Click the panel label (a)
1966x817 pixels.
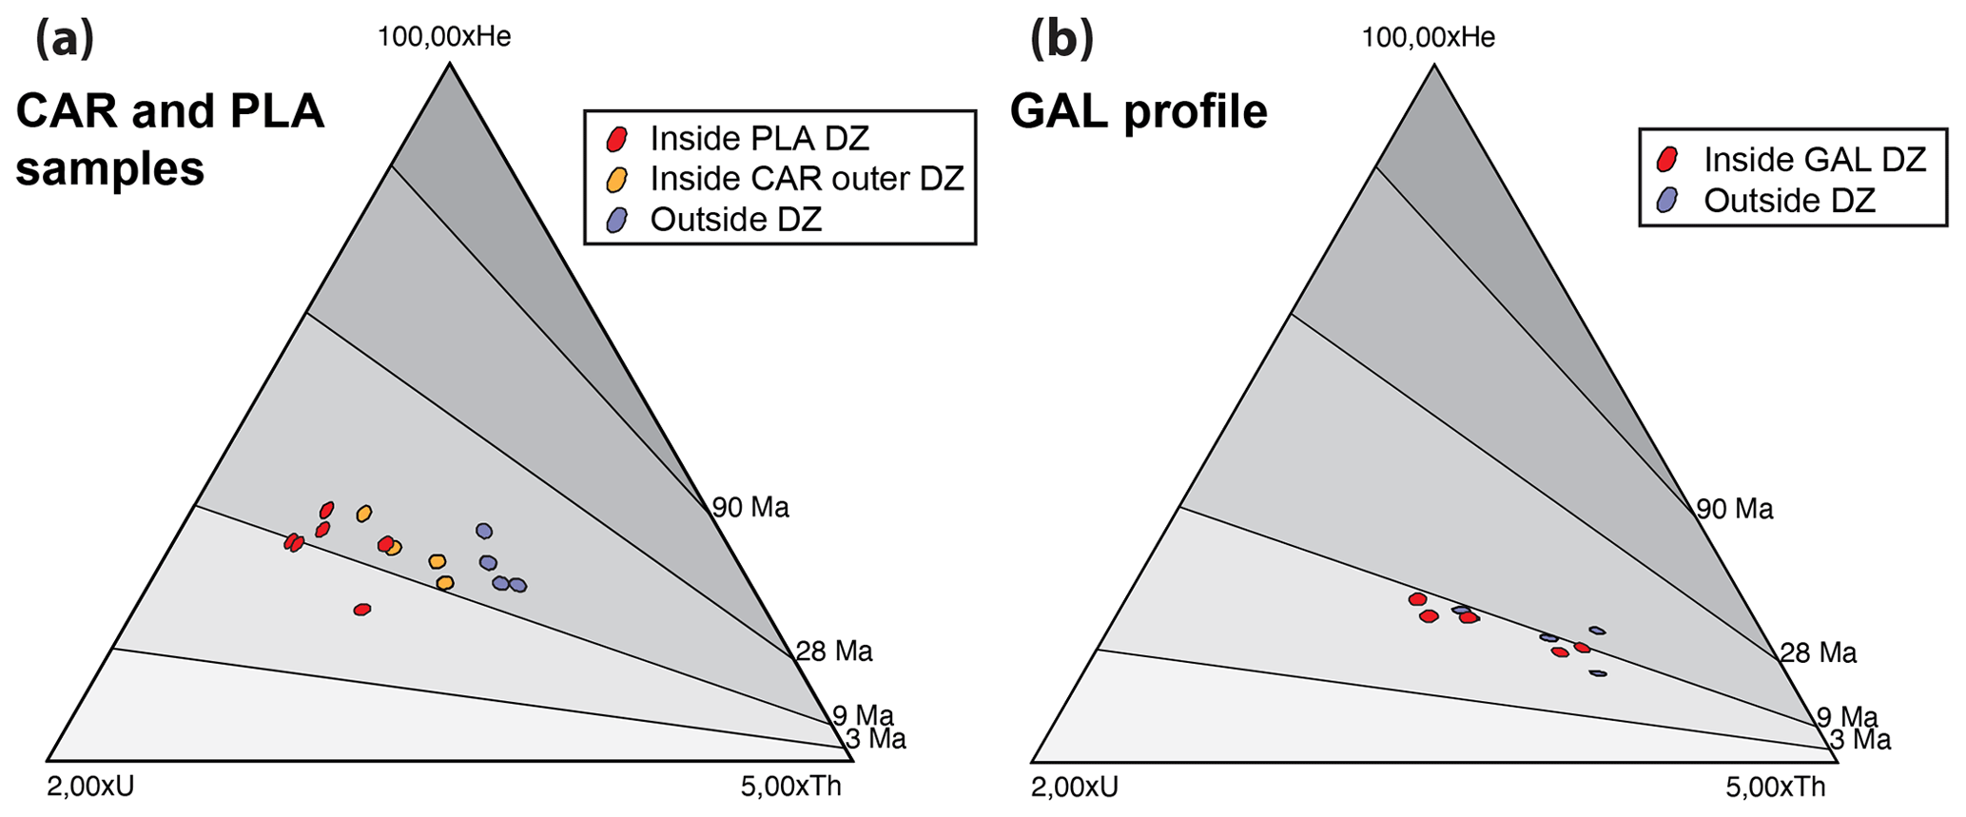point(65,40)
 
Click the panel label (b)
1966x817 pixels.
point(1061,40)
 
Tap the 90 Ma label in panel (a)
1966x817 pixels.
point(751,508)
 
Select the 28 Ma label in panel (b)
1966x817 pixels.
point(1818,653)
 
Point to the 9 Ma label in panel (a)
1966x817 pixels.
point(863,716)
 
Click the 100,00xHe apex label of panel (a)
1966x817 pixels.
point(444,37)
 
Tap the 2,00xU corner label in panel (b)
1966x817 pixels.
point(1075,788)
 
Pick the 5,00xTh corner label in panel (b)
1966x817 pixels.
point(1776,788)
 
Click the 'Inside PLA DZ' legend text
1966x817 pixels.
point(759,139)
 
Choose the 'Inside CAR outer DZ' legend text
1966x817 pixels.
point(807,179)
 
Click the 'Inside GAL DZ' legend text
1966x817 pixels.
point(1815,160)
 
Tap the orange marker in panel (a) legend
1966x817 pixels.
point(617,179)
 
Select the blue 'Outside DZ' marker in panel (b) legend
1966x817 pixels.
point(1666,200)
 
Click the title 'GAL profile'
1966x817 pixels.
point(1139,112)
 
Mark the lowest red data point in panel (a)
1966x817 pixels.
point(361,610)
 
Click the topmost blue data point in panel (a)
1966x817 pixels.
point(484,531)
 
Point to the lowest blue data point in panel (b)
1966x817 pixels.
point(1598,673)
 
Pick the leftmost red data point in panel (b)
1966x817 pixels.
point(1417,599)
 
